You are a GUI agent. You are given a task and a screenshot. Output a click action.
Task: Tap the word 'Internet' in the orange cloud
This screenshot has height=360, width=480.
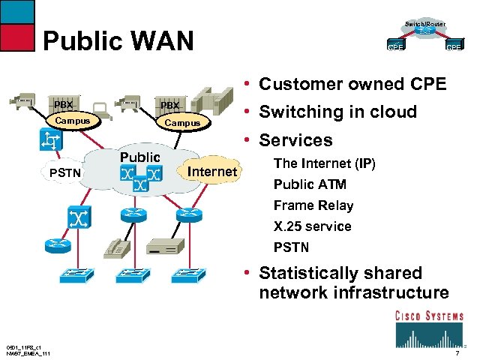[x=212, y=172]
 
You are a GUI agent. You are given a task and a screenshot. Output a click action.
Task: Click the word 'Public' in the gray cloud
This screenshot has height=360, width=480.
[x=140, y=157]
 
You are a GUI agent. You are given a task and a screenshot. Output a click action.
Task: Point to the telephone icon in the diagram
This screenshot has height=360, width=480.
[x=118, y=248]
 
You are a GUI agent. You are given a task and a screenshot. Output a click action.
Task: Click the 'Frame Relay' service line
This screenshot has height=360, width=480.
[x=313, y=205]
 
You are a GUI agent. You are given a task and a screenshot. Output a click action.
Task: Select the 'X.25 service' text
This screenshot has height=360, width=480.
[x=312, y=226]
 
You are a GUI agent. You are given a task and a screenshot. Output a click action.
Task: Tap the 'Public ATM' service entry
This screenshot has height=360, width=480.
[x=310, y=184]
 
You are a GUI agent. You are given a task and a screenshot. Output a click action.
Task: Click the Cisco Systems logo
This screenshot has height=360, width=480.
[x=429, y=326]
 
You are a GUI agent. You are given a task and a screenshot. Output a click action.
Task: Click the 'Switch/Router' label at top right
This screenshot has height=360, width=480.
[x=425, y=25]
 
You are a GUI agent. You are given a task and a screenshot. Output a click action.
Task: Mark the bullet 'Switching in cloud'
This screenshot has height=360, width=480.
[x=337, y=112]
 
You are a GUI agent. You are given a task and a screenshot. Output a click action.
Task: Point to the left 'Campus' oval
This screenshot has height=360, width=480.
[x=73, y=121]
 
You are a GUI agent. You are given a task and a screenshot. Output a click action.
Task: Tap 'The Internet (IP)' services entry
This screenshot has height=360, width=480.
[x=324, y=163]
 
